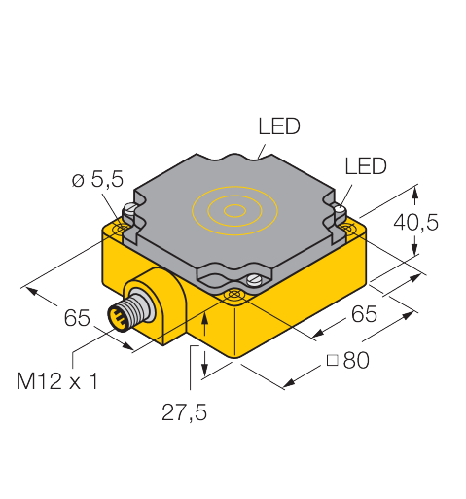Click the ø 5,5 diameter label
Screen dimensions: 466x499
(x=97, y=179)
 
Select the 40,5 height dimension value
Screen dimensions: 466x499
(x=415, y=222)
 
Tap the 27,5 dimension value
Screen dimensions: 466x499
(x=184, y=412)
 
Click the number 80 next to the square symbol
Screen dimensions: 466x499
(x=356, y=360)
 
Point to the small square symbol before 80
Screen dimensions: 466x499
(x=333, y=360)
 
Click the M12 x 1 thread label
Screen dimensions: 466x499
(x=57, y=381)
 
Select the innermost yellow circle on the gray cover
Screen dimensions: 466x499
(x=234, y=211)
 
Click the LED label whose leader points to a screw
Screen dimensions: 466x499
(x=366, y=166)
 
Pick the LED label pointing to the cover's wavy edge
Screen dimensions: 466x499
(x=279, y=126)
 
